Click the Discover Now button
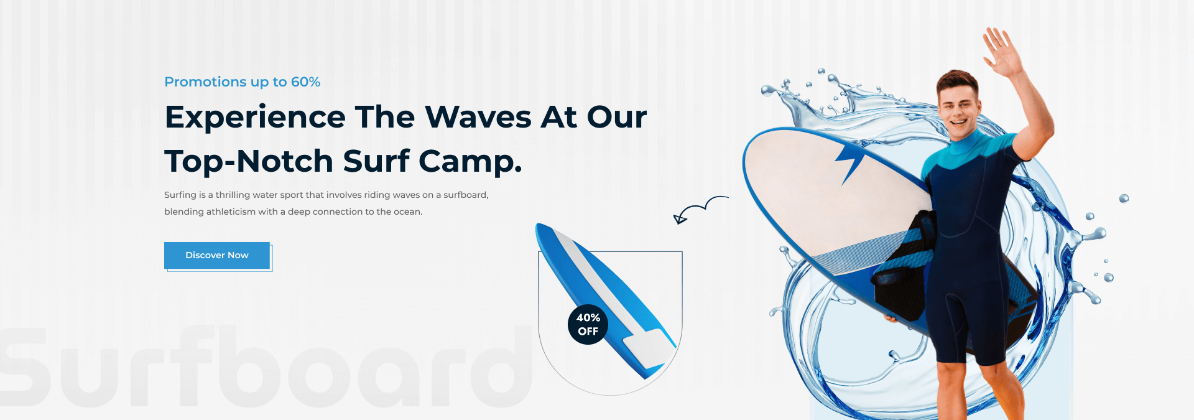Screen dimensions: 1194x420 coord(217,255)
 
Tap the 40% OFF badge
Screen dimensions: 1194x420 coord(588,324)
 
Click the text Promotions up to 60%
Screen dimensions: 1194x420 coord(242,82)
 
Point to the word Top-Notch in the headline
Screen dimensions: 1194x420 coord(249,161)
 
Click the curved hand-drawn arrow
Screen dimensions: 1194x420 coord(701,207)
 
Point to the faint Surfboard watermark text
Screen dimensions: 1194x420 coord(266,366)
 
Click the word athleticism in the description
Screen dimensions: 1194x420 coord(231,212)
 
